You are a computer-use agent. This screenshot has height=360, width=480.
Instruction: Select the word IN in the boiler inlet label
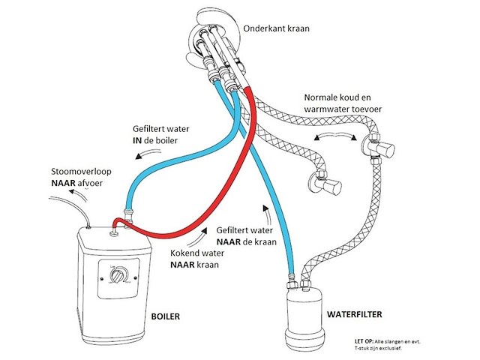(x=142, y=140)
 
